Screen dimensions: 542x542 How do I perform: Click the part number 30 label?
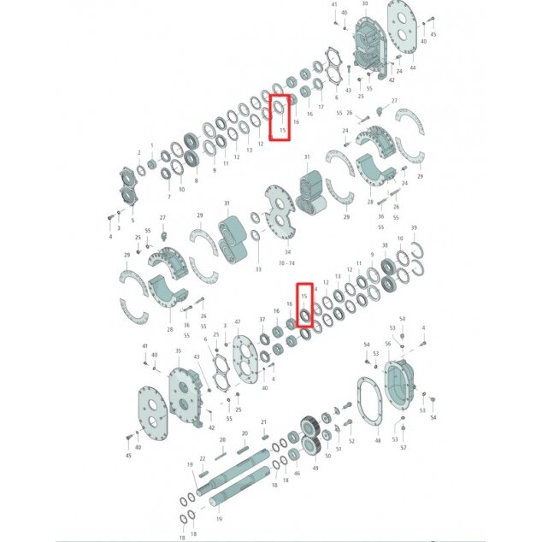tap(365, 4)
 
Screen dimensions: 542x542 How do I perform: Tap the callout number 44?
tap(413, 67)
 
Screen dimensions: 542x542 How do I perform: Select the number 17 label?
tap(321, 107)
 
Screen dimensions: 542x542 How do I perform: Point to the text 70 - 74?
tap(287, 264)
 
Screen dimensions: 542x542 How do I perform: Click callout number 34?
tap(287, 252)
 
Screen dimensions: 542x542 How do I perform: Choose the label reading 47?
tap(237, 321)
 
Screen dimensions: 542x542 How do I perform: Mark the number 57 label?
tap(404, 447)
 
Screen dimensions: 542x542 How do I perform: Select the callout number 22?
tap(203, 458)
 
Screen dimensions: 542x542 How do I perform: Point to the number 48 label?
tap(378, 441)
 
